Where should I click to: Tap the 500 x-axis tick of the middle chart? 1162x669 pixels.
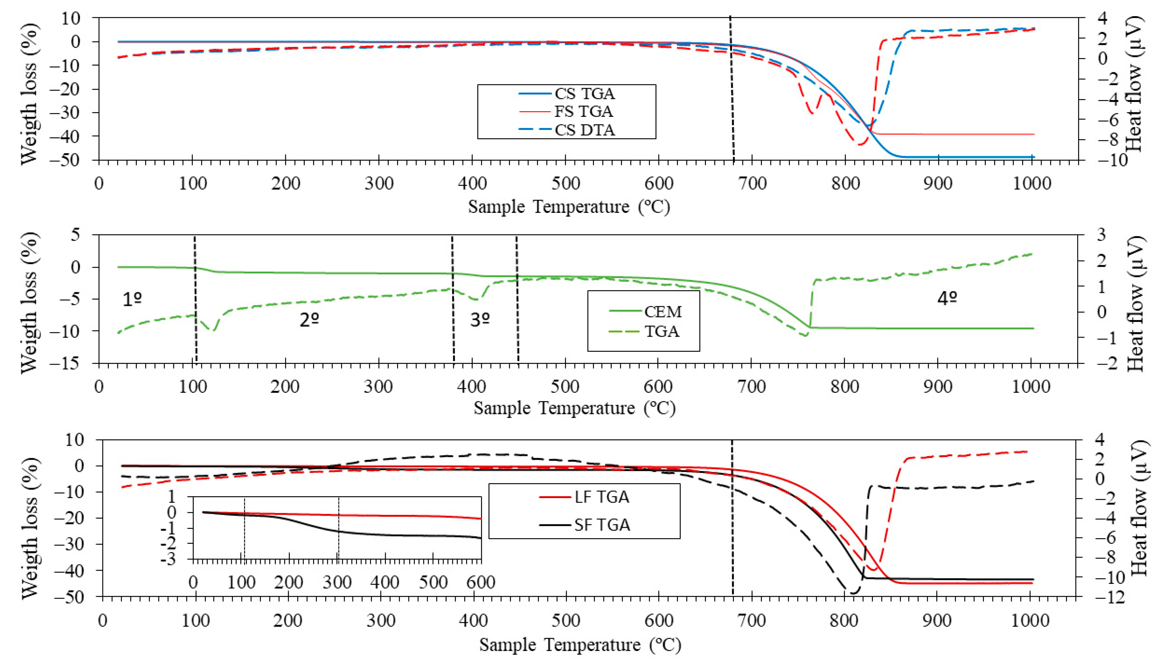[x=565, y=386]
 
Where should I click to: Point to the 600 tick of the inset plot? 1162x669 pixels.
[x=481, y=583]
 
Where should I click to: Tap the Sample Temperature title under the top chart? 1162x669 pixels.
[x=569, y=207]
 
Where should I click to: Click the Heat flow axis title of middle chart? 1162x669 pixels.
[x=1135, y=304]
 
